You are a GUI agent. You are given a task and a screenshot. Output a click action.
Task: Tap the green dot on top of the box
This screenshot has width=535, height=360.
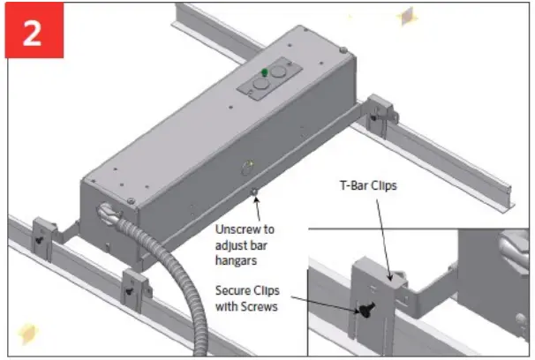[x=263, y=72]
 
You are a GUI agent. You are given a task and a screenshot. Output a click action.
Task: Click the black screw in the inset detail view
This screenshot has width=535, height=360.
[x=365, y=309]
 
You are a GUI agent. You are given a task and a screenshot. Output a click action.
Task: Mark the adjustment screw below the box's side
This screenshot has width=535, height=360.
[x=255, y=191]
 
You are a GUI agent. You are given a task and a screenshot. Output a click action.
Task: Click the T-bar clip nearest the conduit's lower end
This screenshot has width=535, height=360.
[x=134, y=283]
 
